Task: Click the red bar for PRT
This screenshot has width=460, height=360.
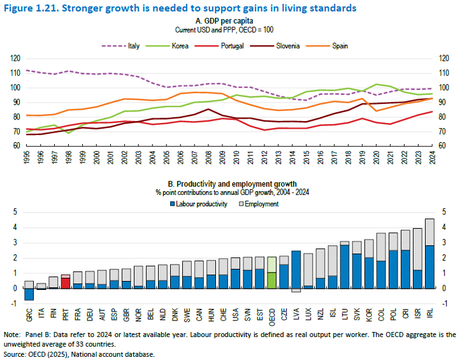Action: point(66,282)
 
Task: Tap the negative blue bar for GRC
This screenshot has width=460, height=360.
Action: point(29,294)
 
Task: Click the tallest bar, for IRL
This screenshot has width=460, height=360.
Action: point(430,266)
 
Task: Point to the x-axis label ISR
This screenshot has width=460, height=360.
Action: point(417,314)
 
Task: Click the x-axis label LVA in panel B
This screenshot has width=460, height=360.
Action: point(296,314)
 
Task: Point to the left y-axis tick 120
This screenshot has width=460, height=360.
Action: point(15,58)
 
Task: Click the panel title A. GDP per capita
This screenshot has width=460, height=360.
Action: point(229,21)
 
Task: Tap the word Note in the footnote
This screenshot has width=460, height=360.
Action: point(11,335)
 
